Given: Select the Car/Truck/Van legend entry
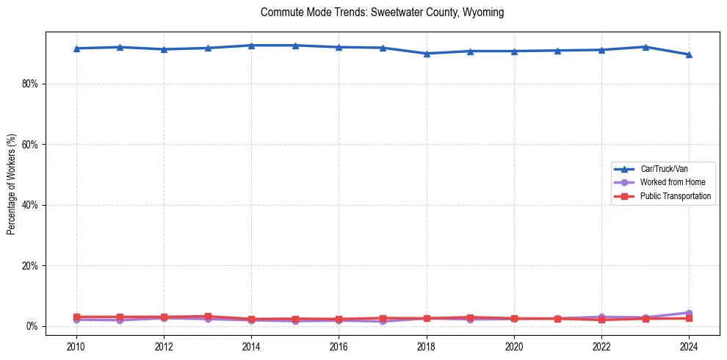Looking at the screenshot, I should coord(664,169).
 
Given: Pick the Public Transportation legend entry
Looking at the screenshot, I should coord(675,196).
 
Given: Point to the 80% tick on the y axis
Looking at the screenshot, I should coord(29,84).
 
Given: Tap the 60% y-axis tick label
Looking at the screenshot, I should coord(29,145).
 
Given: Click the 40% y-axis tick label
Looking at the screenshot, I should coord(29,205).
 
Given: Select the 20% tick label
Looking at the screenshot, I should coord(29,265).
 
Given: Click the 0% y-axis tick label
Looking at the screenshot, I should coord(32,326).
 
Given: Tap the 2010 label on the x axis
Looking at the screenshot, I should coord(76,346).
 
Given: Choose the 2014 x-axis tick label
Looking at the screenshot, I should coord(251,346).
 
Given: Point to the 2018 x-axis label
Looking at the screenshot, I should coord(427,346).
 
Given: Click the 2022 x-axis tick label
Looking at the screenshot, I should coord(601,346).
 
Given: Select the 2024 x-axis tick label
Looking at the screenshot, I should coord(689,346).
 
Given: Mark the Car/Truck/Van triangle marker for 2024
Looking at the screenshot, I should coord(689,54).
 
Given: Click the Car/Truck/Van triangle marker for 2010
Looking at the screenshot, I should coord(76,48).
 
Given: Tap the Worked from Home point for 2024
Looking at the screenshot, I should coord(689,313).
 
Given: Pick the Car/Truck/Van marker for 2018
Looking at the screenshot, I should coord(427,54).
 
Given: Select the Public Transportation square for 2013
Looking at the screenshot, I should coord(208,317).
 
